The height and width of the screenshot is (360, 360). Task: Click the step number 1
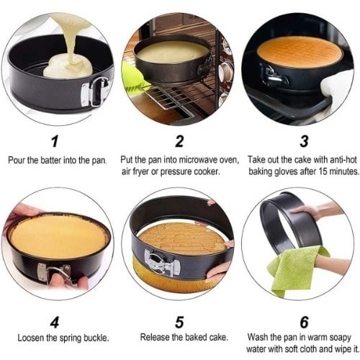pyautogui.click(x=55, y=141)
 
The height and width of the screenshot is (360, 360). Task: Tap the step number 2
pyautogui.click(x=179, y=141)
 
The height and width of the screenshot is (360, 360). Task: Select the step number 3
pyautogui.click(x=304, y=141)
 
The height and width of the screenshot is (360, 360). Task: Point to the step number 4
pyautogui.click(x=55, y=322)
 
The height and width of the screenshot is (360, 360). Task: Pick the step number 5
pyautogui.click(x=179, y=322)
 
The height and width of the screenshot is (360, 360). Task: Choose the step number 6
pyautogui.click(x=304, y=322)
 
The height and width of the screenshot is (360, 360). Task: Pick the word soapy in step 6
pyautogui.click(x=340, y=338)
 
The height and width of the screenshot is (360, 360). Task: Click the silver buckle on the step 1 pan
pyautogui.click(x=94, y=92)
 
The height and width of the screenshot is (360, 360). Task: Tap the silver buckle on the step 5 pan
pyautogui.click(x=161, y=263)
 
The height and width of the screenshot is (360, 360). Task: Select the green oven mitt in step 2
pyautogui.click(x=133, y=74)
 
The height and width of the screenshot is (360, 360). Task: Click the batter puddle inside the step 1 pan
pyautogui.click(x=68, y=66)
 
